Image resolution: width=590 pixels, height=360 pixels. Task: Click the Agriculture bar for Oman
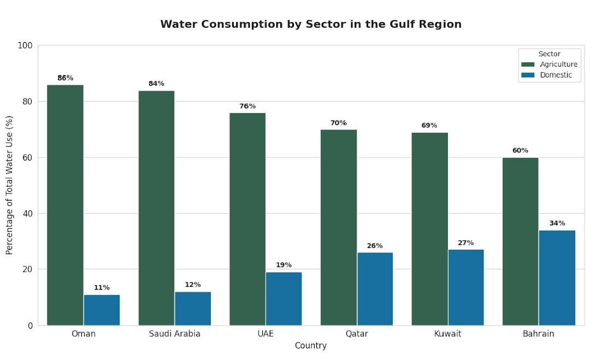point(65,205)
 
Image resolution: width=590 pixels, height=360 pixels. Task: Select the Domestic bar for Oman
point(102,310)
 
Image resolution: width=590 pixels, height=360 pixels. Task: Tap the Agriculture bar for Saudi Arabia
point(156,208)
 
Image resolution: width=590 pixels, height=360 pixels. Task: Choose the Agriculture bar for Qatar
point(338,227)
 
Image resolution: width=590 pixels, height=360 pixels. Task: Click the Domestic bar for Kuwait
point(466,287)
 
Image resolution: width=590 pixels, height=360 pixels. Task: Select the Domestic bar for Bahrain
point(557,278)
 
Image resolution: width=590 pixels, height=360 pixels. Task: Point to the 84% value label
point(156,84)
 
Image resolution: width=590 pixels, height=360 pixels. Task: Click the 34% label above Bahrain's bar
point(557,223)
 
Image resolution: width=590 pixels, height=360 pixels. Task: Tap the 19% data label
point(284,265)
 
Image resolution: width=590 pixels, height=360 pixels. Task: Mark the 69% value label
point(429,126)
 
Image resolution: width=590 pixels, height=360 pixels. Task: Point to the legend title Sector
point(549,54)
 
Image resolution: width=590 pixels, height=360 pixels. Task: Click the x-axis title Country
point(310,346)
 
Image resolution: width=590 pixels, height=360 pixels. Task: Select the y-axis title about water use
point(9,185)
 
